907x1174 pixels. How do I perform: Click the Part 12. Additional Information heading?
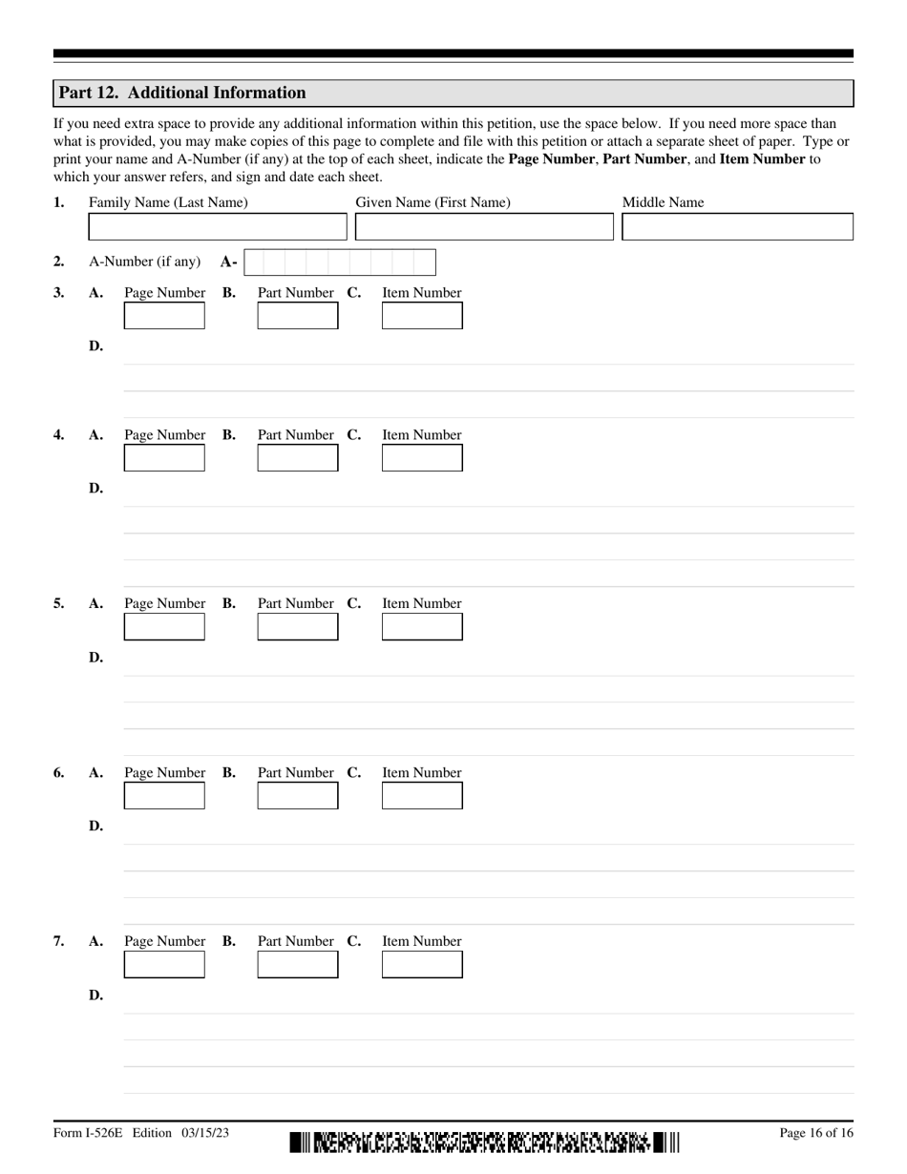coord(182,93)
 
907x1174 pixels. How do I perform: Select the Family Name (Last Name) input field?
coord(218,227)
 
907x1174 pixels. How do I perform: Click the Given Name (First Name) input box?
coord(484,227)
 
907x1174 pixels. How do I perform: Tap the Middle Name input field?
coord(737,227)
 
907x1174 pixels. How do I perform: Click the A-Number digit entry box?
coord(339,262)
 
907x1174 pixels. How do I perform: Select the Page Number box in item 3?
coord(164,316)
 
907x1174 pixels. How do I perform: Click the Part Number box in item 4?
coord(298,458)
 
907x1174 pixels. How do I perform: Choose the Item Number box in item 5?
coord(422,627)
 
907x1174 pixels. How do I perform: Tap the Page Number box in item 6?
coord(164,796)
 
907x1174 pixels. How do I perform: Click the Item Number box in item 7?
coord(422,965)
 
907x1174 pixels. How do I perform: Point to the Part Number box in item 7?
coord(298,965)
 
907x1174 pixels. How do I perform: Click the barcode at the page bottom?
coord(485,1142)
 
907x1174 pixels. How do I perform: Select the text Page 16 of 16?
coord(816,1133)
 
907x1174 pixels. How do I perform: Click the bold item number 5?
coord(59,604)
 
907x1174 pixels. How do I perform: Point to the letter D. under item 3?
coord(95,346)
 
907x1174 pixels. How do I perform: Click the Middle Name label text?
coord(663,202)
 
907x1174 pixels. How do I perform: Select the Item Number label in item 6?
coord(422,772)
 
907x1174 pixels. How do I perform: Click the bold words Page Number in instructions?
coord(551,159)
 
